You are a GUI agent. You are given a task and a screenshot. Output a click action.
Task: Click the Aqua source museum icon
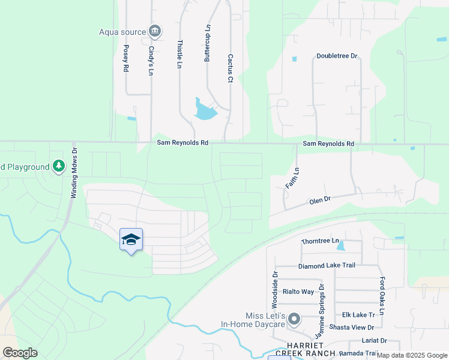155,31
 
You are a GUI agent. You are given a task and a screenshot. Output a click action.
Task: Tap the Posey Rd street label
126,59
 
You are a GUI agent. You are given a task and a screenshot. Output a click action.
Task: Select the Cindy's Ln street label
151,61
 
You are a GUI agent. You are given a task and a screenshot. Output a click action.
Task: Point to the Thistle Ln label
179,54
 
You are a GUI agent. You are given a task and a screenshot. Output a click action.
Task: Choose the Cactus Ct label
230,67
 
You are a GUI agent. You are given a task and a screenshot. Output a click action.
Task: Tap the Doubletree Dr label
337,56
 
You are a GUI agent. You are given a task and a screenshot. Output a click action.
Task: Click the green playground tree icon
58,166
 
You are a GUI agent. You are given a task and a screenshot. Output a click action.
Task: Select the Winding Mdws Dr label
74,173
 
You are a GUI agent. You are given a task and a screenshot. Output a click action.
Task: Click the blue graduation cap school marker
131,240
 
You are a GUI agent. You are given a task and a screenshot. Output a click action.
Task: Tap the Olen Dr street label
320,199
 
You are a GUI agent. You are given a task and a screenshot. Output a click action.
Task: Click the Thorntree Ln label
320,241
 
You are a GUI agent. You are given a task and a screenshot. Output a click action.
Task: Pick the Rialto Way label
299,292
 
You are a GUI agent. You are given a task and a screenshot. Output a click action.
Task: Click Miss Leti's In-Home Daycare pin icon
294,319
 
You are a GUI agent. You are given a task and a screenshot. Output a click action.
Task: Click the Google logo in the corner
20,353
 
